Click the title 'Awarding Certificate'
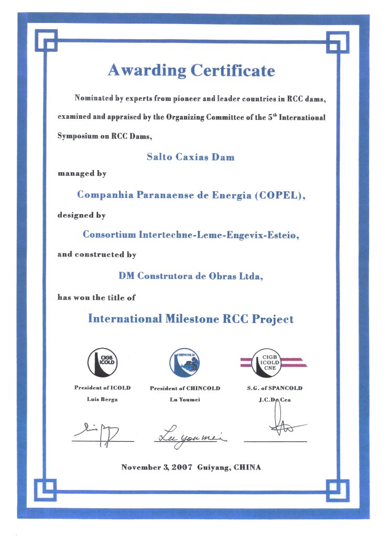tap(191, 70)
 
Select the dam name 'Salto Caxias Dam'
tap(191, 157)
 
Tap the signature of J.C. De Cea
tap(279, 425)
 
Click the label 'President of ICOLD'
tap(102, 388)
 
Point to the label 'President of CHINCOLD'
tap(185, 388)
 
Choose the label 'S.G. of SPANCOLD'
tap(275, 388)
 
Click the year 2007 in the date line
tap(183, 466)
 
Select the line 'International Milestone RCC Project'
tap(191, 318)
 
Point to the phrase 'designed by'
tap(82, 215)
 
